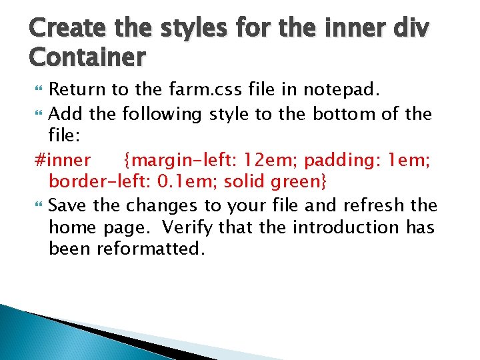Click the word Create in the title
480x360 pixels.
pyautogui.click(x=61, y=30)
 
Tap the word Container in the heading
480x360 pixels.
pyautogui.click(x=87, y=58)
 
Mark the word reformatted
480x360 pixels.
pyautogui.click(x=151, y=249)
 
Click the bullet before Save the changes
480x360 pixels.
pyautogui.click(x=38, y=204)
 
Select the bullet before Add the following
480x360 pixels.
pyautogui.click(x=38, y=113)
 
